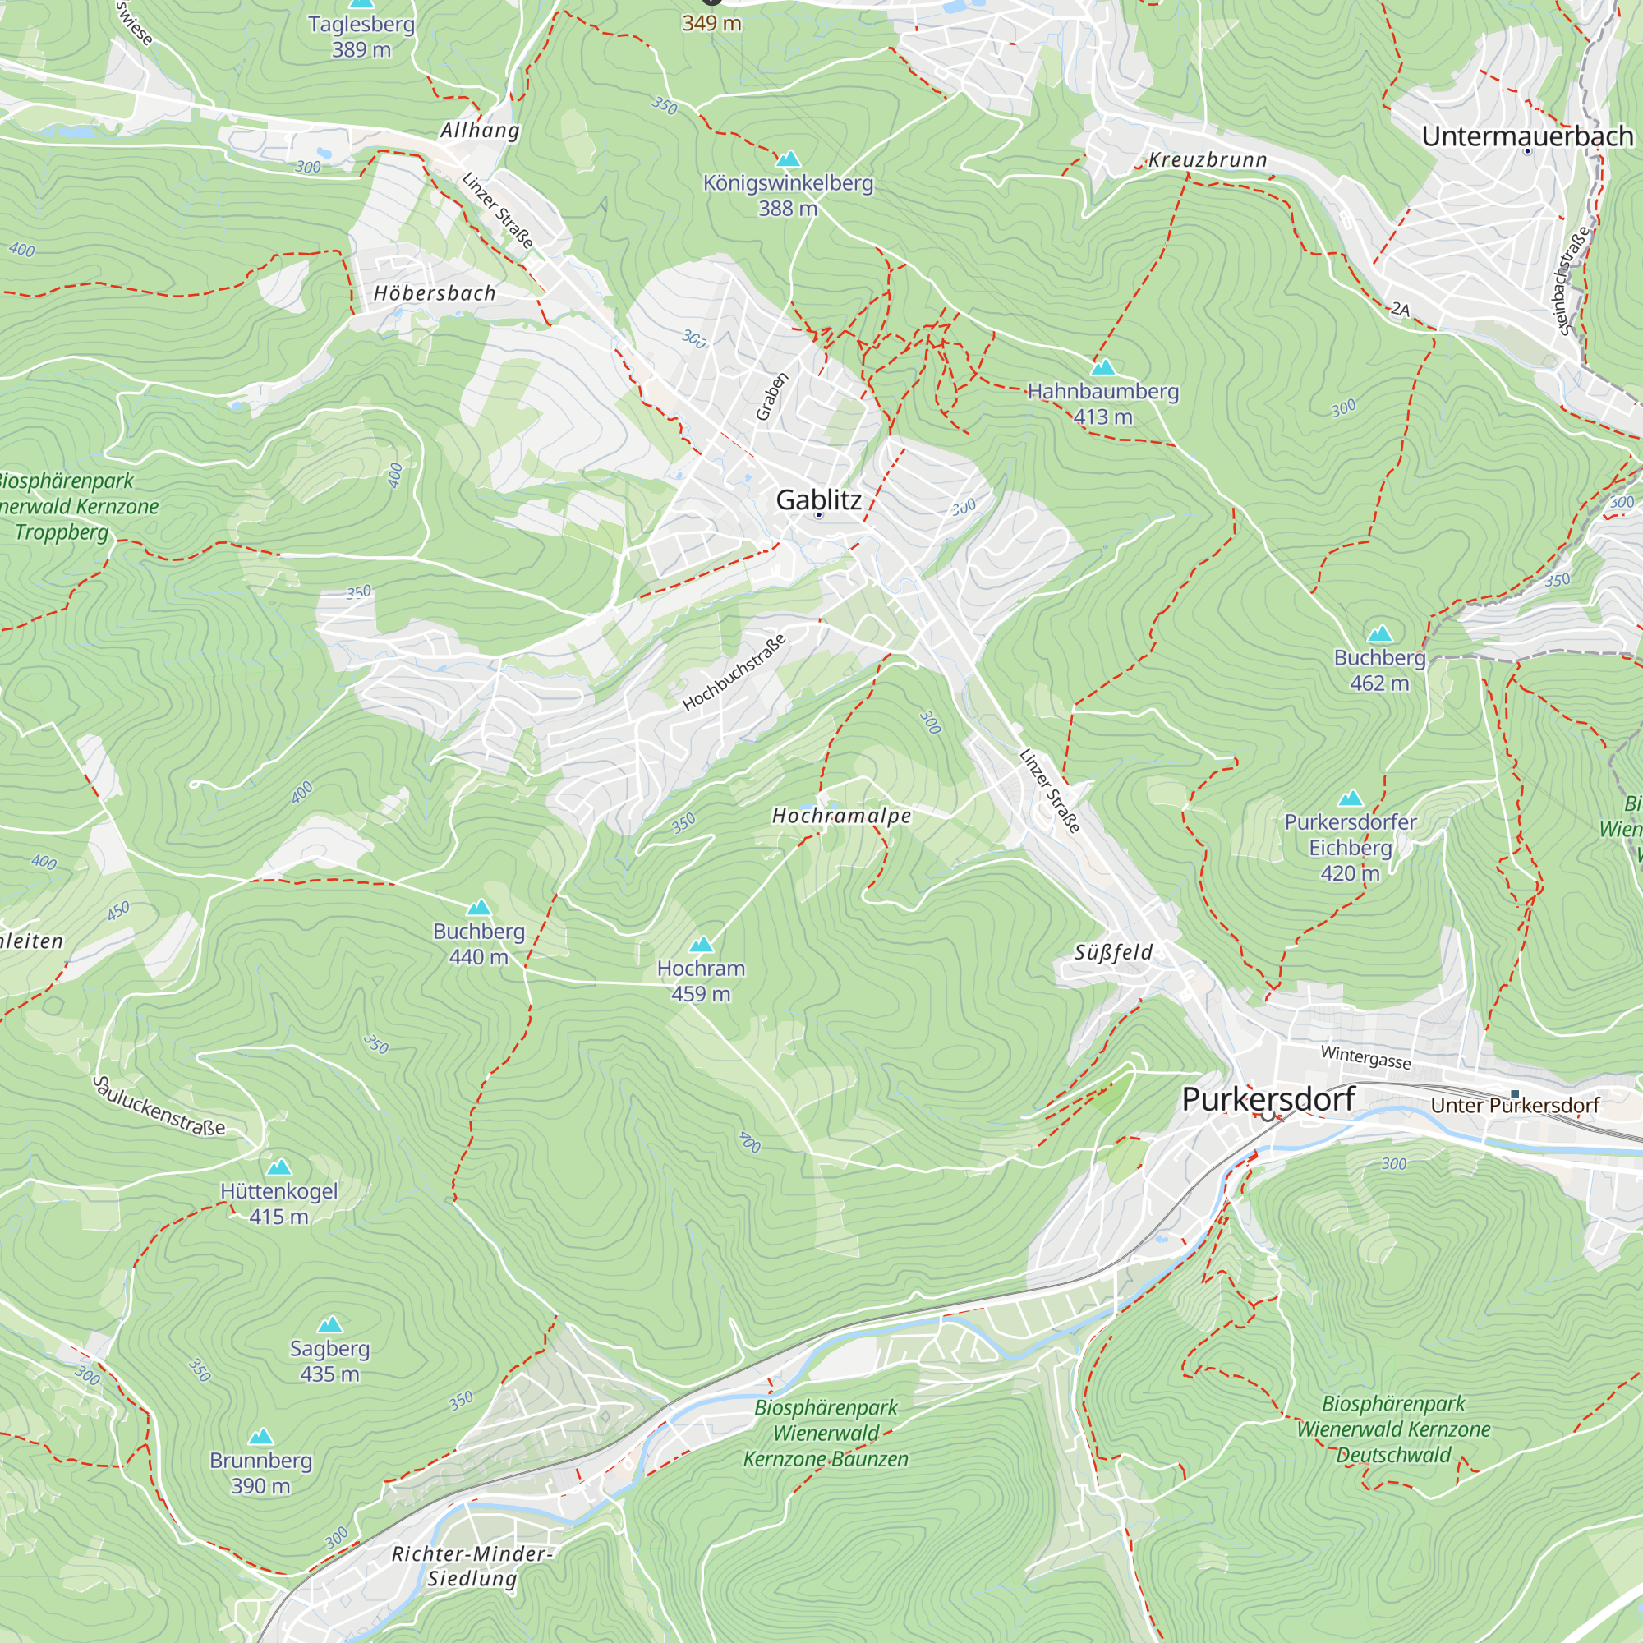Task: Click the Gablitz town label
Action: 818,500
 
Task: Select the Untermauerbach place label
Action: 1527,136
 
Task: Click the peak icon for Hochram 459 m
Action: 701,945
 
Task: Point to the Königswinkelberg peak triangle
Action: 789,159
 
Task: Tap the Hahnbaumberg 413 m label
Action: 1103,404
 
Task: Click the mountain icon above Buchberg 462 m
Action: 1379,633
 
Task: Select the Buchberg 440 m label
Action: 479,944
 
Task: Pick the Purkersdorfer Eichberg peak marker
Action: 1351,798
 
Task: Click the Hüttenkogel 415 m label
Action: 279,1203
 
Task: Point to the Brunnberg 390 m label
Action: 261,1473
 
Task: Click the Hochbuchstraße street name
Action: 734,672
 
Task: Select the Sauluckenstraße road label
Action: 159,1107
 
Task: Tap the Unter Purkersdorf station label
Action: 1515,1106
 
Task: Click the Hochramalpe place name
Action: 841,817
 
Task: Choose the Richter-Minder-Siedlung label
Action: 472,1566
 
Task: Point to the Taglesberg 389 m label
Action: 361,37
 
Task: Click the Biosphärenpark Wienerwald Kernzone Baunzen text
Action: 826,1434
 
